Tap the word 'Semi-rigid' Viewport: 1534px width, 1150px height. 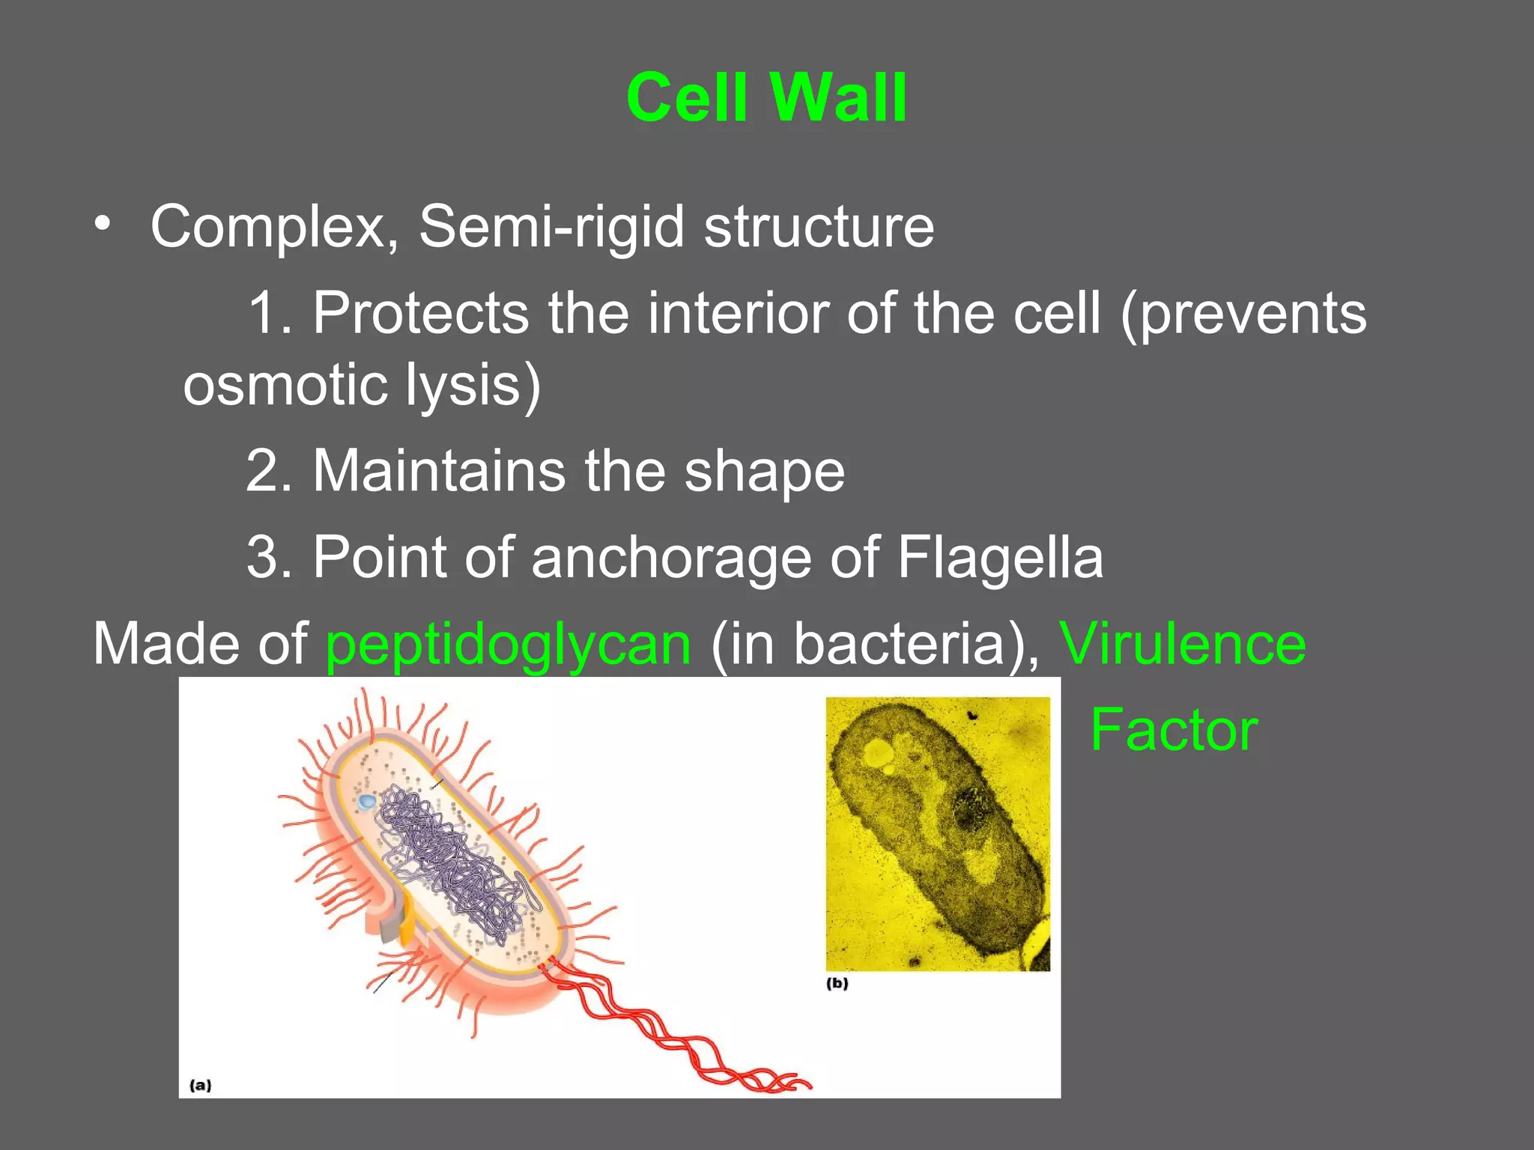(551, 227)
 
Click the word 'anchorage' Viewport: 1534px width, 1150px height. (671, 558)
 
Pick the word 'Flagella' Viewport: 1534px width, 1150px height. (1000, 558)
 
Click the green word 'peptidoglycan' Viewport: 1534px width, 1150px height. (509, 644)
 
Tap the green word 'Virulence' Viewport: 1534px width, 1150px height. (1182, 644)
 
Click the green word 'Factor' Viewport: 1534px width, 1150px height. (1174, 730)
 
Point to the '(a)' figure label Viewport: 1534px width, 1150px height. (200, 1085)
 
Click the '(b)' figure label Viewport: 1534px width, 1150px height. (837, 984)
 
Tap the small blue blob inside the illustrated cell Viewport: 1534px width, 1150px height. (367, 802)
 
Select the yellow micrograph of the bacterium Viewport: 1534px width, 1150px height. (938, 833)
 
